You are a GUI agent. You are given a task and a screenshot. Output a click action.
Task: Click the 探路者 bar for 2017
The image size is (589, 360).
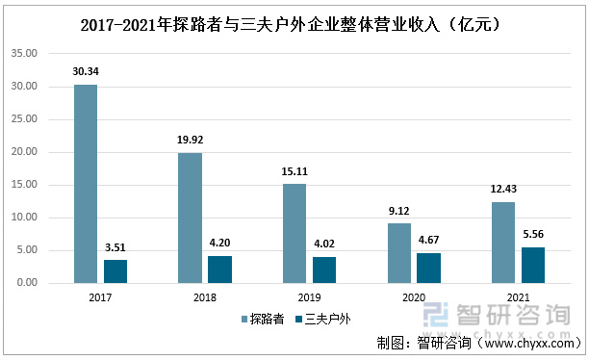click(86, 184)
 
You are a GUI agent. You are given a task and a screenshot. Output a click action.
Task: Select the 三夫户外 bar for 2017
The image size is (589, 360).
click(115, 271)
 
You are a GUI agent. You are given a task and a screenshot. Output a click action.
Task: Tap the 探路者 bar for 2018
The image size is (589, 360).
click(190, 218)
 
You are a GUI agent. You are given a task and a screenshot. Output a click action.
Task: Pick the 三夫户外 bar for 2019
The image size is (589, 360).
click(324, 270)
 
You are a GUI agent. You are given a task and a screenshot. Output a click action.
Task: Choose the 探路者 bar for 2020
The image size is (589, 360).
click(399, 253)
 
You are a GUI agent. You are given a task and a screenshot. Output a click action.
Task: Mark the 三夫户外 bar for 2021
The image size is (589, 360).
click(533, 265)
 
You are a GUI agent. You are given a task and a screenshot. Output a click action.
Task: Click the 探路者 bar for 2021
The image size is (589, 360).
click(503, 243)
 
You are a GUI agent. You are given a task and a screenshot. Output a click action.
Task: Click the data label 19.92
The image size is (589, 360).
click(190, 141)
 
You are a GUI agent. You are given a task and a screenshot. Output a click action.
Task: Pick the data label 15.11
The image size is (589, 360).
click(294, 172)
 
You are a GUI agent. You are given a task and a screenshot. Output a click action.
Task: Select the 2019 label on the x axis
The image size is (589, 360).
click(309, 297)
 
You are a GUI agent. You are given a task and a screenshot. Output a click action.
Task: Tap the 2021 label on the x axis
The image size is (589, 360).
click(518, 297)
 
